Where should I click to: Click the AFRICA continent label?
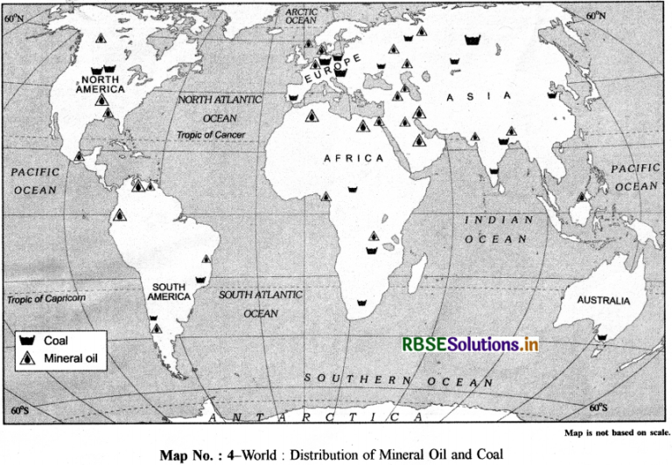353,158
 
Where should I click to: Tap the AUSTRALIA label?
603,300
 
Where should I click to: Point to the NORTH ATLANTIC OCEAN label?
220,108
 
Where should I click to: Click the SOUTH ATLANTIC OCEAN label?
260,303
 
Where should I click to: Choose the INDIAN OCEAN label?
496,229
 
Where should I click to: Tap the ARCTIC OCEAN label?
302,15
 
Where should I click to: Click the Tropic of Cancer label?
211,135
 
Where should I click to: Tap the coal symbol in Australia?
601,336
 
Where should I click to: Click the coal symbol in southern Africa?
360,302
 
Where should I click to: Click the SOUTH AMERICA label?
170,291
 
